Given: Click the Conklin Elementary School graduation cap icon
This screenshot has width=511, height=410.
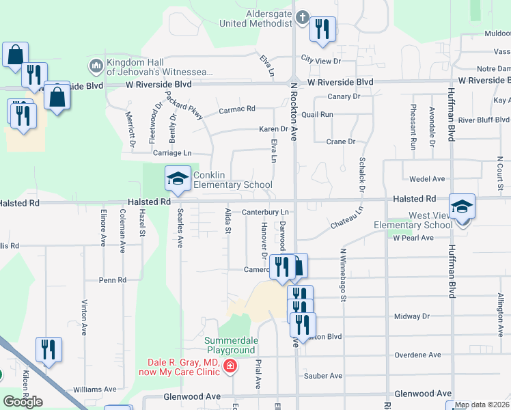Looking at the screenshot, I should click(178, 180).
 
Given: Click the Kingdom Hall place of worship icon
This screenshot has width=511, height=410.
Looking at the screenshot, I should click(96, 66).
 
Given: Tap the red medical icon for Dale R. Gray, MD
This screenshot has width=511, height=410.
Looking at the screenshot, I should click(230, 367).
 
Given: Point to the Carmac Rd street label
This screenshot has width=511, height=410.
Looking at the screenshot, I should click(236, 109).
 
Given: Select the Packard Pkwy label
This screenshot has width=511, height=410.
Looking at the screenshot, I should click(189, 106).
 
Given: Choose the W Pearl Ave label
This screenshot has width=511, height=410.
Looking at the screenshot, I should click(413, 238).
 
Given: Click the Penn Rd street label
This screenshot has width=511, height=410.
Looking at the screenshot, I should click(113, 280).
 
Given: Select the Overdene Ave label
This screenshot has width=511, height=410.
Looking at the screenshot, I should click(417, 355).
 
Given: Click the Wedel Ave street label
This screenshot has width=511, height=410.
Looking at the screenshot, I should click(427, 179).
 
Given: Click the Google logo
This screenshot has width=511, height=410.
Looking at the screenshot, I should click(23, 401).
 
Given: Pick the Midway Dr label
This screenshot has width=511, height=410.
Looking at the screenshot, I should click(412, 316).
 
